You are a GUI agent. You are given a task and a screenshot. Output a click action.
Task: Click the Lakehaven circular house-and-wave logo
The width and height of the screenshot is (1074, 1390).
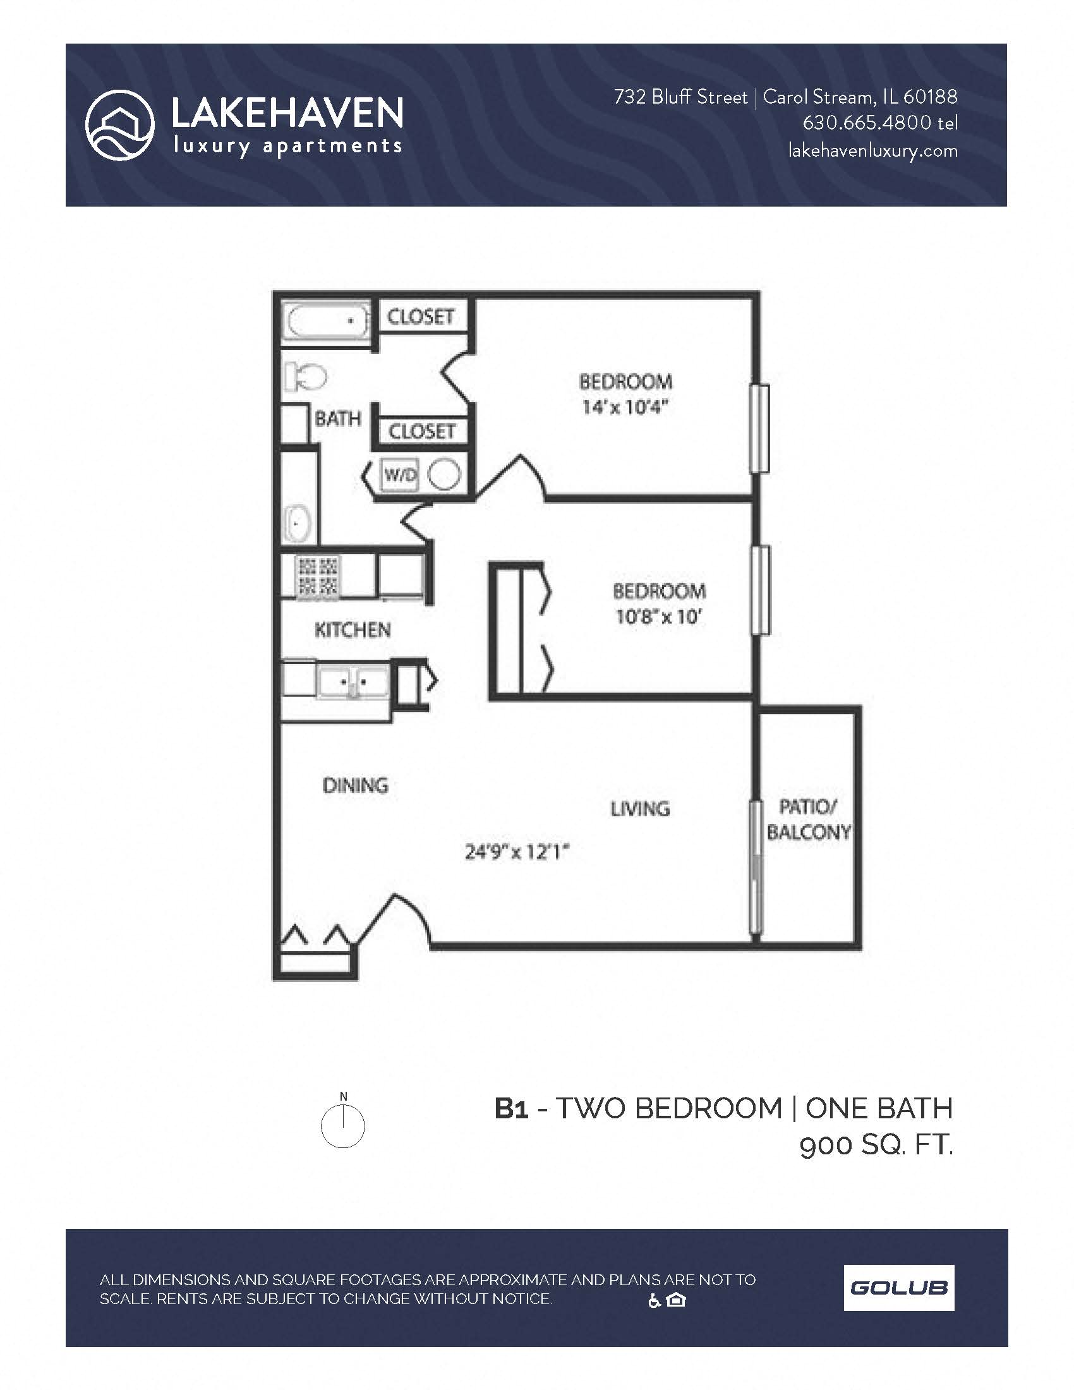tap(119, 124)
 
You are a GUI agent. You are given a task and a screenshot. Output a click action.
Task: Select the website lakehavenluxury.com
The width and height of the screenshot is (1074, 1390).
tap(872, 151)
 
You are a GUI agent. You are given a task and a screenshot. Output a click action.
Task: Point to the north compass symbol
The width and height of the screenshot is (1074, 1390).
tap(342, 1125)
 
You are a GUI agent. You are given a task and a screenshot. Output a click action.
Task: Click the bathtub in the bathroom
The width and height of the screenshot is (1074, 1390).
tap(325, 322)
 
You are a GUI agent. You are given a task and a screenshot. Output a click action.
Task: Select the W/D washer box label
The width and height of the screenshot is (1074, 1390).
tap(399, 474)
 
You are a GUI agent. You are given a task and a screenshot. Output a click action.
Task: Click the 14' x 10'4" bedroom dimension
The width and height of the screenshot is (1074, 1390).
tap(625, 408)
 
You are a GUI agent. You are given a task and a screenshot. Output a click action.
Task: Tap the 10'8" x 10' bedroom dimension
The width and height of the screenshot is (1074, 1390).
tap(658, 617)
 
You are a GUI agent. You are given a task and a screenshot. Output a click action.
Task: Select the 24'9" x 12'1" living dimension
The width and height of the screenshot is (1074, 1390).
tap(516, 852)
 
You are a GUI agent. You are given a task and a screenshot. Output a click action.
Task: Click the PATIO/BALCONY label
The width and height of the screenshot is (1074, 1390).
tap(807, 819)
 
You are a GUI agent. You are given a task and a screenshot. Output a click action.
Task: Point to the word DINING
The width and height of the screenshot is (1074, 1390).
tap(355, 785)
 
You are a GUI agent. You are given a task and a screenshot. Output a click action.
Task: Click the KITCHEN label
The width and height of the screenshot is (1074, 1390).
tap(353, 630)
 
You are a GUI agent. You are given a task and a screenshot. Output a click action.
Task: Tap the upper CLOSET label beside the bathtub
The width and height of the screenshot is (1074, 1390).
tap(421, 317)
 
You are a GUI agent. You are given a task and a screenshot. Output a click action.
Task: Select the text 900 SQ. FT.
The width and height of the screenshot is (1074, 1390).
tap(876, 1145)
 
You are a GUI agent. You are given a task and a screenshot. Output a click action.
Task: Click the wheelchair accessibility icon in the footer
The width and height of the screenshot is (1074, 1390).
tap(654, 1301)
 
